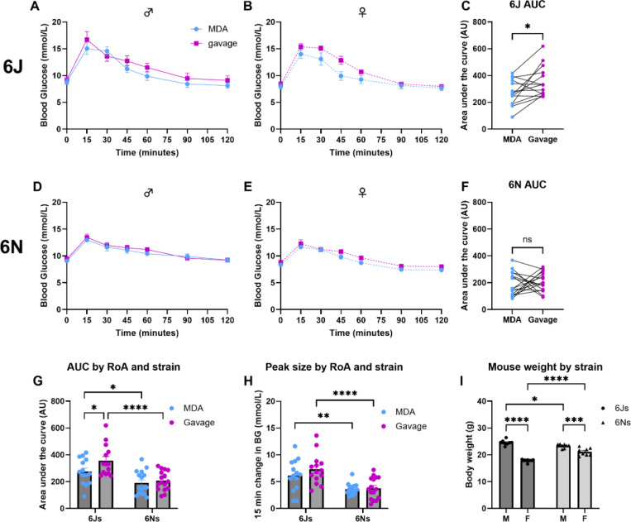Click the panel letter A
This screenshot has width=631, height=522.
click(36, 7)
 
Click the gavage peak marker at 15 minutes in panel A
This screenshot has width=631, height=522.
click(87, 39)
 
